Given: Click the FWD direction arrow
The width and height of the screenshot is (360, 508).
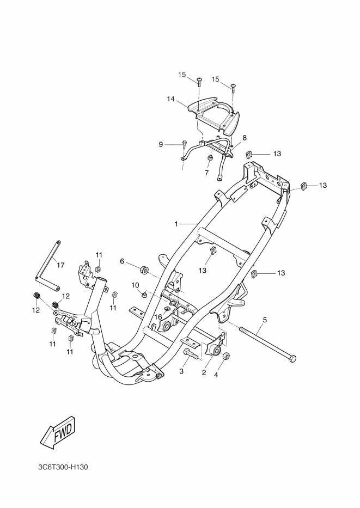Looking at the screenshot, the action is pos(58,434).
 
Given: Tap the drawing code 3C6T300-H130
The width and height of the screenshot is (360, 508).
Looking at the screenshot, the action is pos(63,467).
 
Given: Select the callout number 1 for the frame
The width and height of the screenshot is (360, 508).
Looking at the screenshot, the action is pos(176,224).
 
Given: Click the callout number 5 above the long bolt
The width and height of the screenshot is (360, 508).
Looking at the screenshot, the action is pos(265,320).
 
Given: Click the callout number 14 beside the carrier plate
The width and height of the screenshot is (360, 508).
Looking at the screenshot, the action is pos(171,99).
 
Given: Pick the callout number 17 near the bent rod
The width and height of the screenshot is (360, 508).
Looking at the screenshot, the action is pos(60,265).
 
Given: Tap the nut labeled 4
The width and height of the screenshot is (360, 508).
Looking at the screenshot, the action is pos(227,356).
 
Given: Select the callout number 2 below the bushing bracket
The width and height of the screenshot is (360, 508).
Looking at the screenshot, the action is pos(204,372).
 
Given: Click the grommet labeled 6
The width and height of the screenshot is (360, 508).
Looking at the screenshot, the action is pos(144,270).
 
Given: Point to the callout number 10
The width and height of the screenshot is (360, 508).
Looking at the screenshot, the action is pos(135,285).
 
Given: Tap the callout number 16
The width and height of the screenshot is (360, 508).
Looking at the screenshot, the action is pos(158,316).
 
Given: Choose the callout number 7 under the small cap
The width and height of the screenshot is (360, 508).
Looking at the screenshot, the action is pos(207,173).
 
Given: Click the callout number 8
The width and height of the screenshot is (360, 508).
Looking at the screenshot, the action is pos(245,138).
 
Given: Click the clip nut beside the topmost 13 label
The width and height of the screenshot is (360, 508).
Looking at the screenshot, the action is pos(249,154).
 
